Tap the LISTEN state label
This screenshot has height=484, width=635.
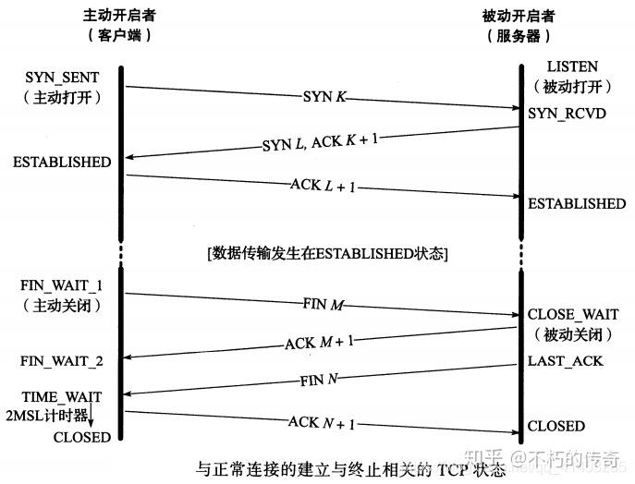click(x=572, y=67)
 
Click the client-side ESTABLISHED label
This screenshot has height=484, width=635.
click(x=62, y=163)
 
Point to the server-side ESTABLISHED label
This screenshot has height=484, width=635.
click(x=576, y=203)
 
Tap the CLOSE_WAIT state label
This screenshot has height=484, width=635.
click(x=573, y=315)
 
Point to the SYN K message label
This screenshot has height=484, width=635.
click(x=323, y=96)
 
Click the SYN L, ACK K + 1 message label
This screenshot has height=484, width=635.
click(x=320, y=141)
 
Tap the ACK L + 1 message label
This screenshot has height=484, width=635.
click(x=323, y=186)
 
